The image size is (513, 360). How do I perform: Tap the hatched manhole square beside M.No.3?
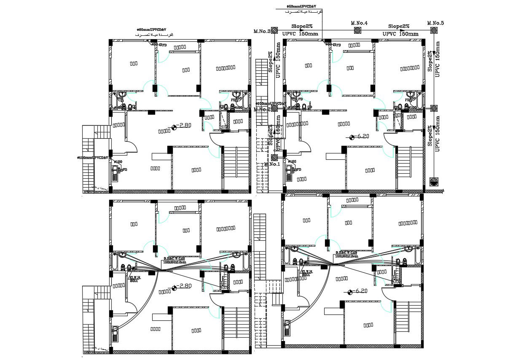274,30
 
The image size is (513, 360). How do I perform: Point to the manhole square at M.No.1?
274,157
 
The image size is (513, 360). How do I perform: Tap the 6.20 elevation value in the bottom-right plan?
361,291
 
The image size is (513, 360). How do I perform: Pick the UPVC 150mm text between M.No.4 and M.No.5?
400,34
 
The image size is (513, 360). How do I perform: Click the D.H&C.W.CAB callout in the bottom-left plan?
174,258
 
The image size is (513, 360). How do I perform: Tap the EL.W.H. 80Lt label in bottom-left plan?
135,279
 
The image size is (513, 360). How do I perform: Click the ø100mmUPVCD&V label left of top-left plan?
93,158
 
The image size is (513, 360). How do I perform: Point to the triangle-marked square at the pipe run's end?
434,182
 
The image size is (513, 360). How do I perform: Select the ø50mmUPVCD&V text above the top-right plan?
301,7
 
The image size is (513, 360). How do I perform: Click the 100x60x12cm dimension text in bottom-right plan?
346,256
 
